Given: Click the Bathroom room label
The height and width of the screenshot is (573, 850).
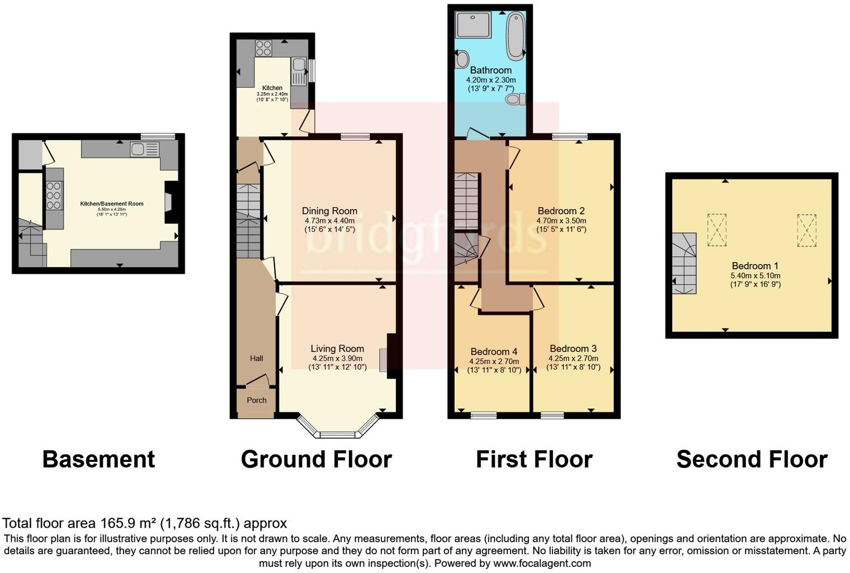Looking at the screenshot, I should pos(490,70).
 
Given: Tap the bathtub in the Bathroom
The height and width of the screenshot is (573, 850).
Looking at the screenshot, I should pos(516,36).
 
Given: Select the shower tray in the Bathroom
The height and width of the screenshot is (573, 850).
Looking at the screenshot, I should pos(473,25).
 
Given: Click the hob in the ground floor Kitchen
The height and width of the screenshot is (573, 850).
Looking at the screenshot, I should pos(263,48).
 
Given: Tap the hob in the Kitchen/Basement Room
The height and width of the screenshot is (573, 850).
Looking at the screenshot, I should pos(54,196).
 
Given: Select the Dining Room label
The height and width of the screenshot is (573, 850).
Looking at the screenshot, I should pos(329,211).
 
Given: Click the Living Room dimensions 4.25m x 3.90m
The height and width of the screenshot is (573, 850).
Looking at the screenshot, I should pos(337,359).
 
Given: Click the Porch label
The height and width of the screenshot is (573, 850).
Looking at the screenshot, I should pos(257,400).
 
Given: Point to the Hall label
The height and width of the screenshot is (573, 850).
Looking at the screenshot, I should pos(256,359).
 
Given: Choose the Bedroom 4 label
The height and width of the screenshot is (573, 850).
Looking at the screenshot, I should pos(494,352).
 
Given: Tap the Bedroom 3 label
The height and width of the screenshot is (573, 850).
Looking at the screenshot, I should pos(573,349).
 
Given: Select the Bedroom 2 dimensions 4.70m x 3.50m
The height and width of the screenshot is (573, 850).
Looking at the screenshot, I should pos(561,221).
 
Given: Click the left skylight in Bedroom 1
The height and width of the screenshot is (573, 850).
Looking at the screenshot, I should pos(716,230).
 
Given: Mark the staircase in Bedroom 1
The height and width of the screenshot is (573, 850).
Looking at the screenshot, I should pos(684,264).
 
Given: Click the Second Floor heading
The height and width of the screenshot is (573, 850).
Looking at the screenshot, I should pos(751,460).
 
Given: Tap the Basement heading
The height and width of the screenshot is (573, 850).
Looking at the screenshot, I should pos(98,460).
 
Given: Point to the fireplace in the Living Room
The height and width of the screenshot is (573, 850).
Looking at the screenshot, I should pos(384,360).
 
